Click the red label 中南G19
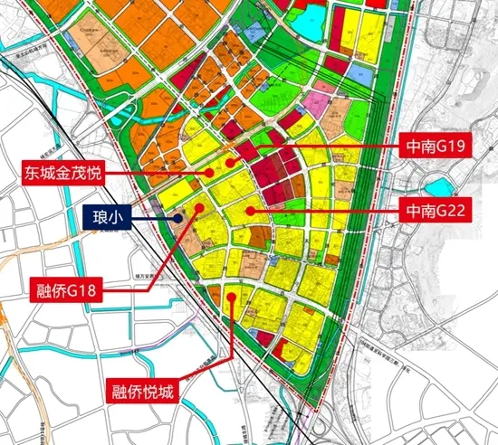(x=433, y=146)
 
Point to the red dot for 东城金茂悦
(x=209, y=169)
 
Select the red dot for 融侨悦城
(x=235, y=297)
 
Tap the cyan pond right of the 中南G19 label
(x=437, y=187)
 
